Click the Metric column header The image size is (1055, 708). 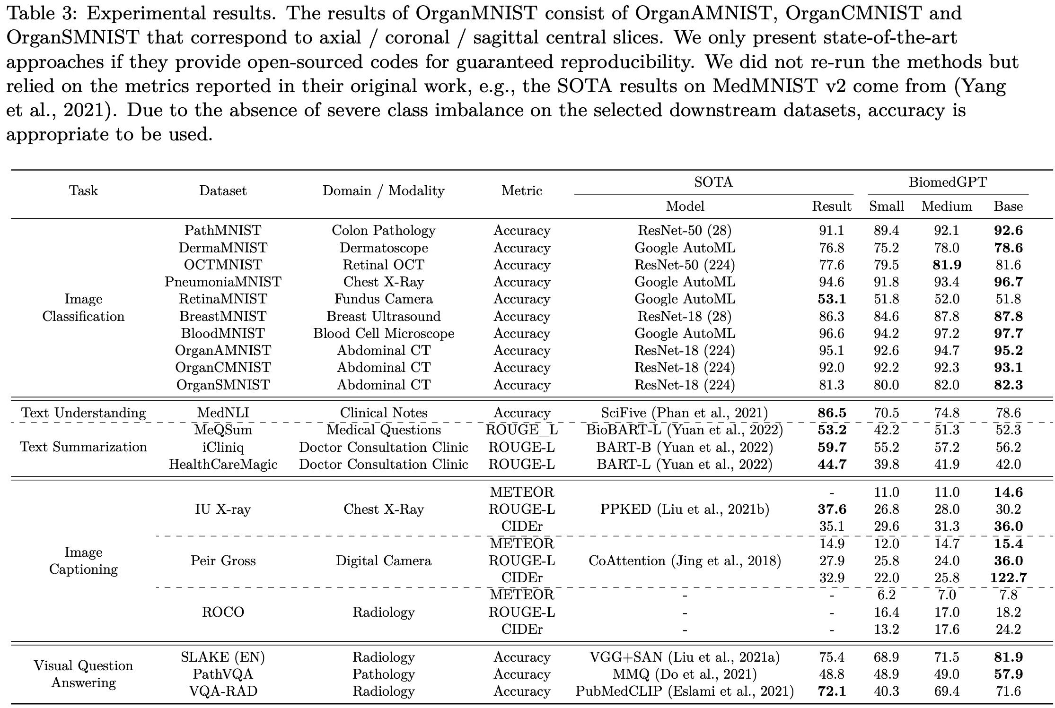click(521, 191)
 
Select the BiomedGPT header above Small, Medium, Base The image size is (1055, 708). click(948, 182)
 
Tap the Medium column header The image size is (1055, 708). click(946, 207)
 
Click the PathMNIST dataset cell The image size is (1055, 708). click(223, 231)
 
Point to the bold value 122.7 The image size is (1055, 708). click(1008, 578)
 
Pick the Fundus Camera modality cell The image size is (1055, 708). click(383, 299)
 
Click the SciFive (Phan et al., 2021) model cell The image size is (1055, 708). click(685, 413)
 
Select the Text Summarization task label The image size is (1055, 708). click(83, 447)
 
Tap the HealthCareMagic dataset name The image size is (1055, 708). click(223, 465)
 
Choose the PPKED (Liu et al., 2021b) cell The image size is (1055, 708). click(685, 509)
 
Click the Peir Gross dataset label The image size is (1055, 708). click(223, 561)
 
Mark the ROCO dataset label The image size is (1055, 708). click(223, 613)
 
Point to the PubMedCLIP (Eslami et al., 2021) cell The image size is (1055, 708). click(685, 691)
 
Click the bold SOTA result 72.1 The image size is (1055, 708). click(831, 691)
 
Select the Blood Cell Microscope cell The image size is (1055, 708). click(383, 334)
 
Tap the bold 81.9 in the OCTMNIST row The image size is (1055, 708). click(946, 265)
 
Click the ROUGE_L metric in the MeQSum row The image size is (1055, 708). click(521, 430)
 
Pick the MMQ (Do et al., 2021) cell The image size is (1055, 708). click(685, 674)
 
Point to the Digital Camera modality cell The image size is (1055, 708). click(383, 561)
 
